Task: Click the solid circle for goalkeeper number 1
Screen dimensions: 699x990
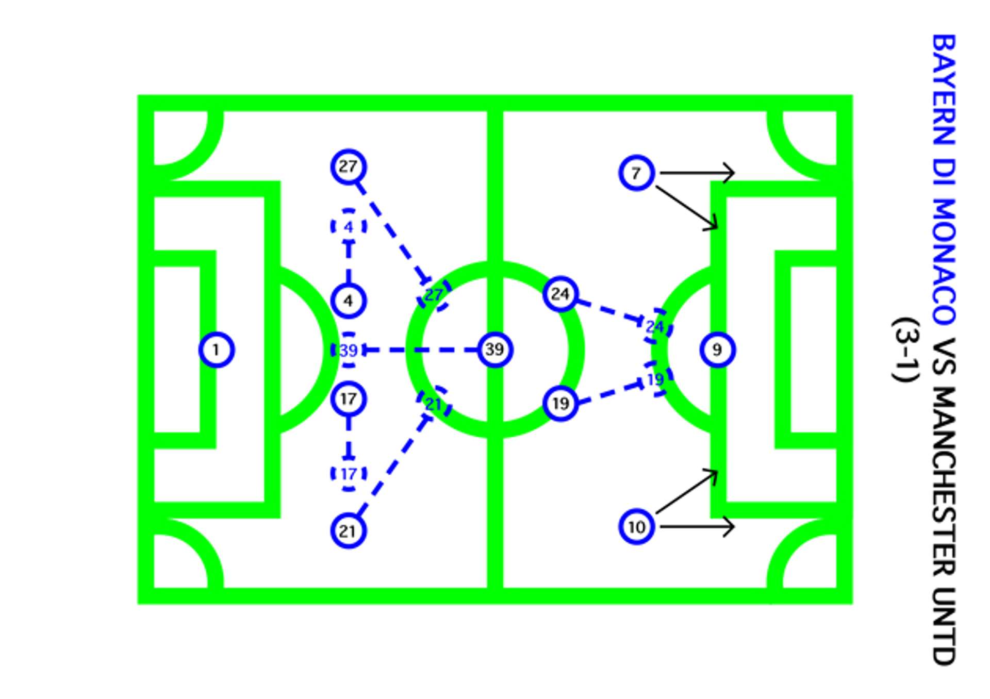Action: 217,350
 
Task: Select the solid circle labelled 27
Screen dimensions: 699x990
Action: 349,167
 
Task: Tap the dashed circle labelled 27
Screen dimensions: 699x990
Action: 434,294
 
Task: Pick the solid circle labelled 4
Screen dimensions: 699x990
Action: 349,301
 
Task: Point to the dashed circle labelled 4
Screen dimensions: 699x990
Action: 349,226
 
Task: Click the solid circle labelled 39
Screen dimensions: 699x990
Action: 495,349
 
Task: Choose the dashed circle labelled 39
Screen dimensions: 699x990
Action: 349,351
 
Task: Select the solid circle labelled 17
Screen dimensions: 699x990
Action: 349,399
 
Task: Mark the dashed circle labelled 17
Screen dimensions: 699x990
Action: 349,474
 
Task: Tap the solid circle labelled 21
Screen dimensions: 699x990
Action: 349,531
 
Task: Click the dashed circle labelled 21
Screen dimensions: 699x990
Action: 434,404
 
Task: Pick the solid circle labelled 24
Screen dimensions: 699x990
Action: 560,294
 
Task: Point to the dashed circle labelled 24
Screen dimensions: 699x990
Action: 655,326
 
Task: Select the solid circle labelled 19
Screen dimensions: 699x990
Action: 560,403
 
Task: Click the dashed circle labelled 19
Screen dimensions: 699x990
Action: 655,379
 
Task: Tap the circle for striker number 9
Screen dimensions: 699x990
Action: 717,350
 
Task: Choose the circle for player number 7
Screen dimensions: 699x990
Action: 637,173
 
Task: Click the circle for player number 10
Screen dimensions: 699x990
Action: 637,527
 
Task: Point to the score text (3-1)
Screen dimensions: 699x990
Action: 906,350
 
